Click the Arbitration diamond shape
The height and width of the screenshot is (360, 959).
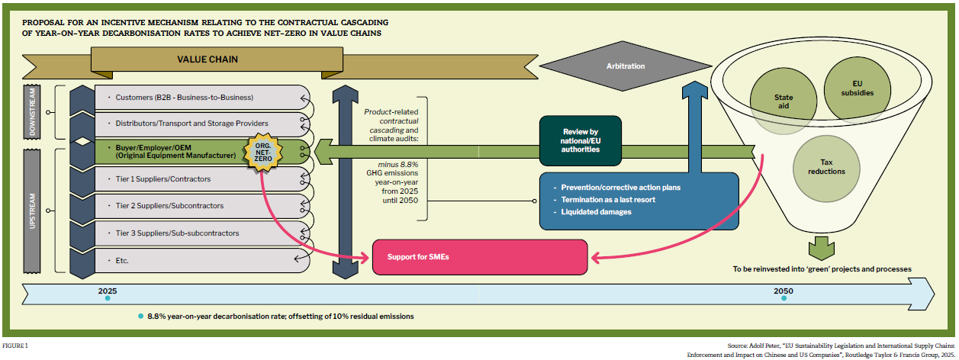625,66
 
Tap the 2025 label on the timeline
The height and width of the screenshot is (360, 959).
107,291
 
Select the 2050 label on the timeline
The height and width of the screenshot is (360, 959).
783,291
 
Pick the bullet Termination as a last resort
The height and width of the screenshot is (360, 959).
608,200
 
